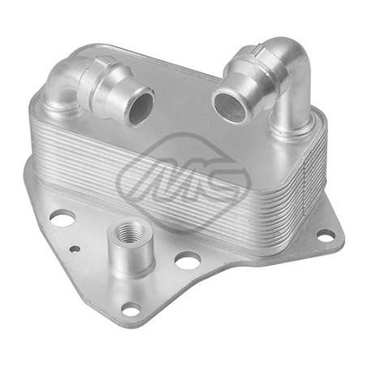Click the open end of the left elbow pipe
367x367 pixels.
140,107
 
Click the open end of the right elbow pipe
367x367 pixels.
230,106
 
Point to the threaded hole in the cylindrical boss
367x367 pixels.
128,231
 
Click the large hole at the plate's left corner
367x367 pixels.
63,218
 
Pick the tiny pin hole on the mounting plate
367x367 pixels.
75,248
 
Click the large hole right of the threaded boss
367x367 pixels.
188,261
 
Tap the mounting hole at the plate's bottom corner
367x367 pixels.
132,309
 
